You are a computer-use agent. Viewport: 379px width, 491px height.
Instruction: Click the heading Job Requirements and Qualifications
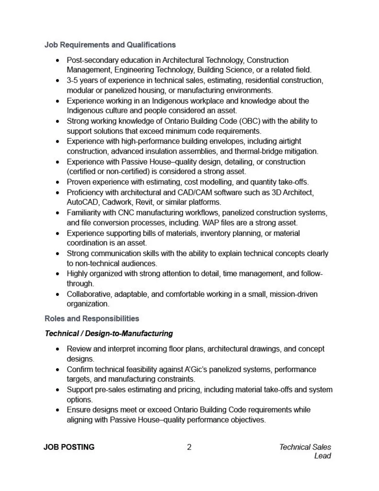(x=110, y=45)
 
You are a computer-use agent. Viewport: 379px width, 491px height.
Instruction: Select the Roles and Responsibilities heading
(x=92, y=318)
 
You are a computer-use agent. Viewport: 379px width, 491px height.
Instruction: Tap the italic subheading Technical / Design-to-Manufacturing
(x=109, y=333)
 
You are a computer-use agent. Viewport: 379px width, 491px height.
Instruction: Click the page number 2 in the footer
(x=189, y=447)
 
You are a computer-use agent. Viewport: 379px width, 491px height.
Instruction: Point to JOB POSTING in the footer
(x=69, y=447)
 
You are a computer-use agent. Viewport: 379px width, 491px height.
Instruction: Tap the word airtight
(x=288, y=141)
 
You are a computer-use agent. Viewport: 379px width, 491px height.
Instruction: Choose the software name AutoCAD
(x=83, y=202)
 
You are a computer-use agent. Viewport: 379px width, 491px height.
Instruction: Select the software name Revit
(x=145, y=202)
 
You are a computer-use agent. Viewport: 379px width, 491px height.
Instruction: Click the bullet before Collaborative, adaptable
(x=58, y=294)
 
